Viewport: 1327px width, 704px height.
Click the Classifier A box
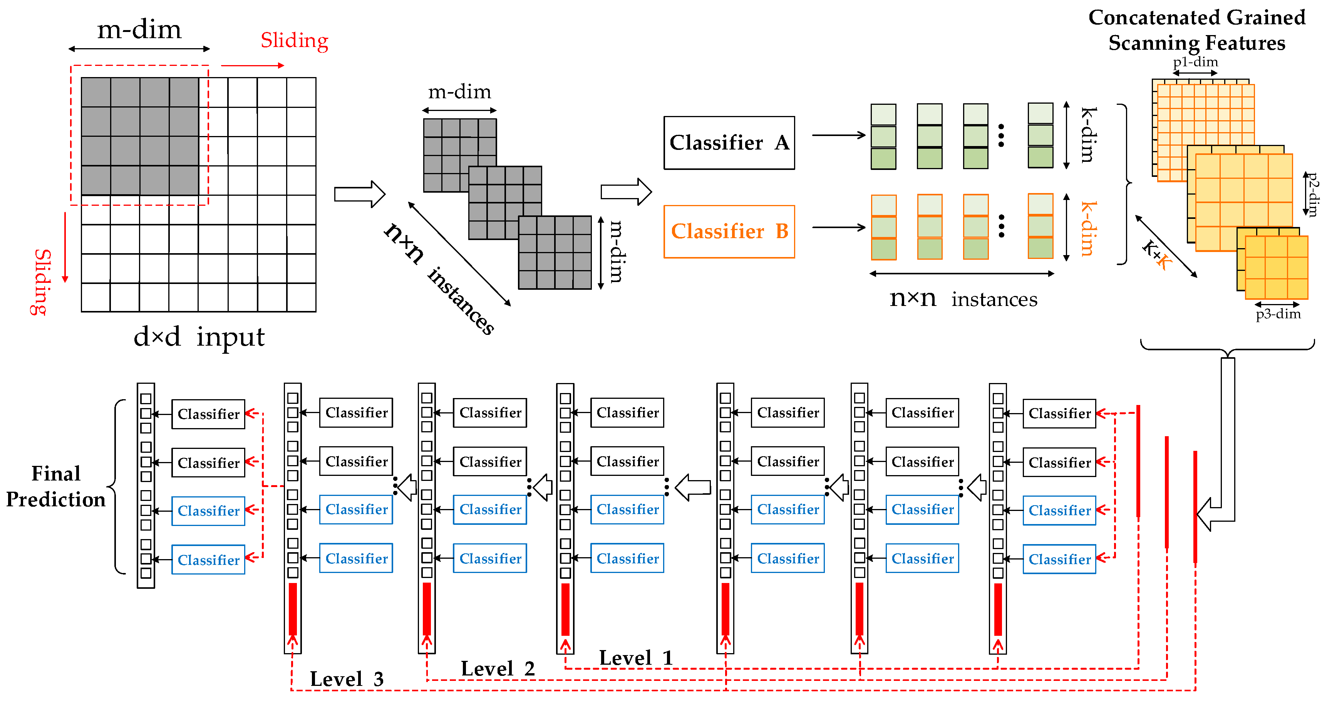pyautogui.click(x=729, y=143)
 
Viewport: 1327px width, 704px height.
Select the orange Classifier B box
pyautogui.click(x=729, y=232)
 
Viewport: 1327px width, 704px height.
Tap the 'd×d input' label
pyautogui.click(x=198, y=337)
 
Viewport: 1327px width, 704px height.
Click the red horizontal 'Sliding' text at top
pyautogui.click(x=294, y=40)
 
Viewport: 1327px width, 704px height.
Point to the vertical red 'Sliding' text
pyautogui.click(x=41, y=281)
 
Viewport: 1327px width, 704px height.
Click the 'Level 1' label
pyautogui.click(x=636, y=658)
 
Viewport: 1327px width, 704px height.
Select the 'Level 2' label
pyautogui.click(x=497, y=669)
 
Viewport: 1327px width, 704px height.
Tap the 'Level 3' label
pyautogui.click(x=346, y=679)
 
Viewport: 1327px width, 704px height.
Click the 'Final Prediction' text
pyautogui.click(x=55, y=487)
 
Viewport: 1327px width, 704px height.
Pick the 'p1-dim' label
pyautogui.click(x=1195, y=62)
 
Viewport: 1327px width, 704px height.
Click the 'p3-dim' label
pyautogui.click(x=1278, y=314)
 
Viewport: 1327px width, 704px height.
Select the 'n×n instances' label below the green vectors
pyautogui.click(x=963, y=298)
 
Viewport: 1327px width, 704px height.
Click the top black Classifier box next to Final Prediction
pyautogui.click(x=208, y=414)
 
